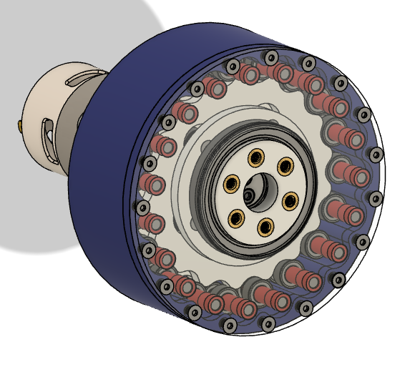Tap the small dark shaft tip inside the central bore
(249, 195)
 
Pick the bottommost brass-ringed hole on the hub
(265, 227)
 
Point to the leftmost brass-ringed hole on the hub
(231, 184)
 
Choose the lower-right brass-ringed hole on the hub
(290, 200)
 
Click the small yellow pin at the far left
(19, 126)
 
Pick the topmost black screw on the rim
(270, 57)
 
